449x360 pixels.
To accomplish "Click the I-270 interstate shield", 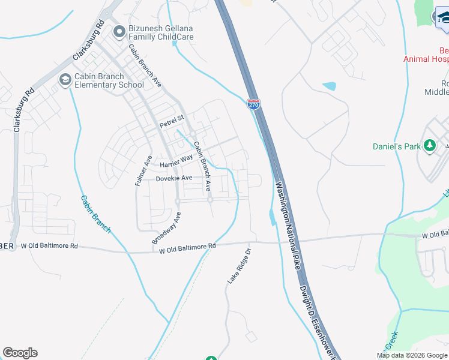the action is click(x=254, y=104).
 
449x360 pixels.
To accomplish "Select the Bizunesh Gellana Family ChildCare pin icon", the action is click(x=119, y=29).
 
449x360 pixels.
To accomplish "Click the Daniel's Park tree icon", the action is click(x=429, y=146).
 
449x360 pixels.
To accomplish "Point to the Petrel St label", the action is click(x=171, y=124).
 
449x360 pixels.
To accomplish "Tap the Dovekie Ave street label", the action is click(x=174, y=178).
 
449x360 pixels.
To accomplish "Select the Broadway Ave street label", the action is click(x=166, y=228).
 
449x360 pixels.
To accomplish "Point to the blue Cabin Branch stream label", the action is click(x=95, y=214).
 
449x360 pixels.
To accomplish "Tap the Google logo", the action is click(x=20, y=353).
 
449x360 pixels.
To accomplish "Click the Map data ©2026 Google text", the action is click(x=412, y=355).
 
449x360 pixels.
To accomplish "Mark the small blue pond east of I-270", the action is click(x=330, y=86).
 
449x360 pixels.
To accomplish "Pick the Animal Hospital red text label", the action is click(x=426, y=59).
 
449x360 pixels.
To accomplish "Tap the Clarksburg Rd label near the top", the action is click(x=88, y=40).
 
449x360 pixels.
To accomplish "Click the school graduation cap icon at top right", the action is click(x=443, y=16).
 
